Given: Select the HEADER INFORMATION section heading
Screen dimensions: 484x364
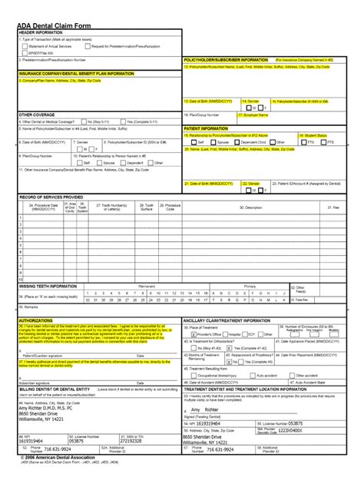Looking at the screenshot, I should pyautogui.click(x=41, y=33).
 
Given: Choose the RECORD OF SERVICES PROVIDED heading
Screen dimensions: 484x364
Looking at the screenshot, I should pyautogui.click(x=51, y=197).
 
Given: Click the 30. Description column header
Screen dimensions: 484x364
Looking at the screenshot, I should pyautogui.click(x=250, y=207).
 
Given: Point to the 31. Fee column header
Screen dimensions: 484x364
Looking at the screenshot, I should pyautogui.click(x=333, y=207).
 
